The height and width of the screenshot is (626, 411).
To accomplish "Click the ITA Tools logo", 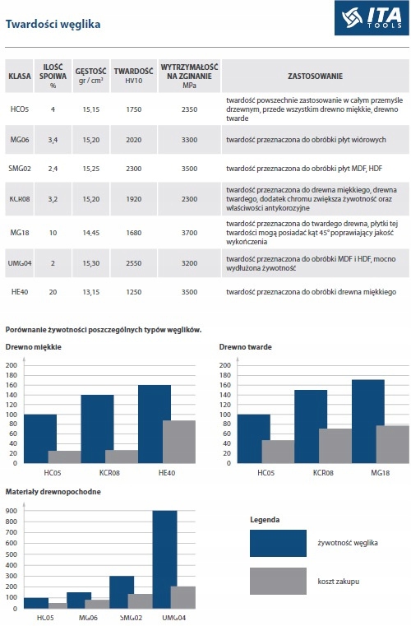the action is [x=372, y=18].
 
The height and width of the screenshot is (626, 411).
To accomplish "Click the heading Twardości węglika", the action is [x=53, y=25].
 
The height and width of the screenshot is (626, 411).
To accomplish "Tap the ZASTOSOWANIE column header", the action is [x=315, y=76].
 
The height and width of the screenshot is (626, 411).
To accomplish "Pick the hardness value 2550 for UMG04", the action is [x=134, y=263].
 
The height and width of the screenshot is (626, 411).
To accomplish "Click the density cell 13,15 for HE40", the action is [x=91, y=292].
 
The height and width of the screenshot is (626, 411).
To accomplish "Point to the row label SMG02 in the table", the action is [x=20, y=169].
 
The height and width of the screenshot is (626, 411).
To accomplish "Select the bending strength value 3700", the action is [x=190, y=232].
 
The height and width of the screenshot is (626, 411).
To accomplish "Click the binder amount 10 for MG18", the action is [x=53, y=232].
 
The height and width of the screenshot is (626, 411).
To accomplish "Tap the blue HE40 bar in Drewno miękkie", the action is [x=155, y=424].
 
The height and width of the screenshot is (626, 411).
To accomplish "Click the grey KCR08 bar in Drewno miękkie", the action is [x=122, y=457].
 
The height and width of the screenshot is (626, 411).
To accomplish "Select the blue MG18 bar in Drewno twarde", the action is [x=368, y=422].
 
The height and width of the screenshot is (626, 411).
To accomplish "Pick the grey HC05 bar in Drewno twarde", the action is [x=278, y=452].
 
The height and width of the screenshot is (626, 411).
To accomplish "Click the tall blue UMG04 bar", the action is [x=164, y=559].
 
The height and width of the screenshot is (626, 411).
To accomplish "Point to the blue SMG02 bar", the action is [x=122, y=592].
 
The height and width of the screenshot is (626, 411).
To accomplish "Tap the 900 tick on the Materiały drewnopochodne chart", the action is [x=12, y=511].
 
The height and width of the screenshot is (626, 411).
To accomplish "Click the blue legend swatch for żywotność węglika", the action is [x=278, y=544].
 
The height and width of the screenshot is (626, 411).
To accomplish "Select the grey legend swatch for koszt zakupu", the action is [x=278, y=582].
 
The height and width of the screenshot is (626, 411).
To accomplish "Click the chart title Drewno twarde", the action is [x=246, y=347].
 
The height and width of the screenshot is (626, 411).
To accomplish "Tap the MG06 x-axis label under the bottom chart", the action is [x=88, y=618].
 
